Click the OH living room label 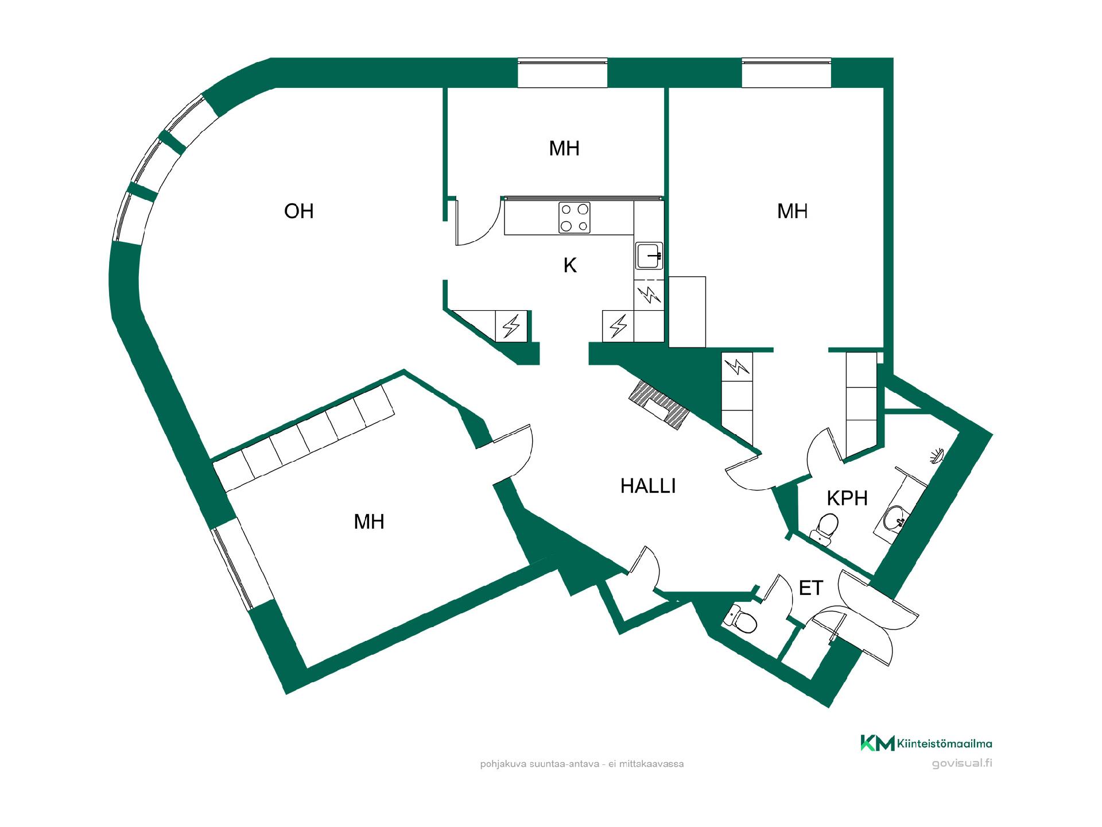[299, 211]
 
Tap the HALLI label [648, 486]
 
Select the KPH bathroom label [847, 498]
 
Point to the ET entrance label [811, 588]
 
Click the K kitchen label [570, 265]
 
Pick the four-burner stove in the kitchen [575, 218]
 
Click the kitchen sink [649, 256]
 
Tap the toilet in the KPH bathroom [825, 527]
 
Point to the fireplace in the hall [659, 404]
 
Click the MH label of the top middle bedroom [564, 149]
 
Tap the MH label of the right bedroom [793, 211]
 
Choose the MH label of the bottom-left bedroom [369, 522]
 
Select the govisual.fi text [962, 763]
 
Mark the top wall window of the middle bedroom [562, 73]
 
